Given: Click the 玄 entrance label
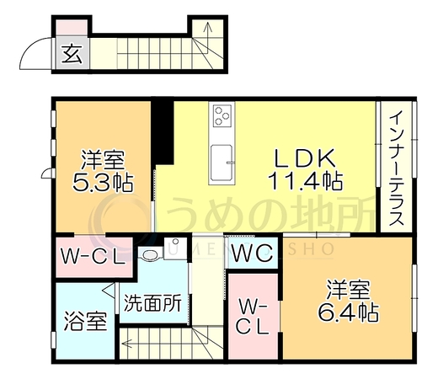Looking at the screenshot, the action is coord(72,54).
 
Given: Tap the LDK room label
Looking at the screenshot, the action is coord(305,158).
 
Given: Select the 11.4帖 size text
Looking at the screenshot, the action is coord(305,180).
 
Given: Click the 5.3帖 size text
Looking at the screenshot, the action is coord(103,182).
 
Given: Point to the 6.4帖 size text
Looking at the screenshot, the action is coord(349,312).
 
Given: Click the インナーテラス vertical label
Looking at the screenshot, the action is coord(396,168).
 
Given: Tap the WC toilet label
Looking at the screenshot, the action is coord(253,253).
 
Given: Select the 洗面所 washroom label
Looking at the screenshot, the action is coord(152,303).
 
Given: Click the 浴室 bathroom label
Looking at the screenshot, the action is coord(85,321).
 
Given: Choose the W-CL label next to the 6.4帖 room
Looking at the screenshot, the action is coord(253,317).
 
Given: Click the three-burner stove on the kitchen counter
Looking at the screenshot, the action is coord(222,115).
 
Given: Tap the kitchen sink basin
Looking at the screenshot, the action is coord(222,163).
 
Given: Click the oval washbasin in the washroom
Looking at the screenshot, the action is coord(151,254).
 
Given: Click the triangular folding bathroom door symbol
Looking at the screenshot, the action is coord(109,290).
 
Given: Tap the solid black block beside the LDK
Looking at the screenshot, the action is coord(163,131).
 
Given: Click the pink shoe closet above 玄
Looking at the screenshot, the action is coord(72,28).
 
